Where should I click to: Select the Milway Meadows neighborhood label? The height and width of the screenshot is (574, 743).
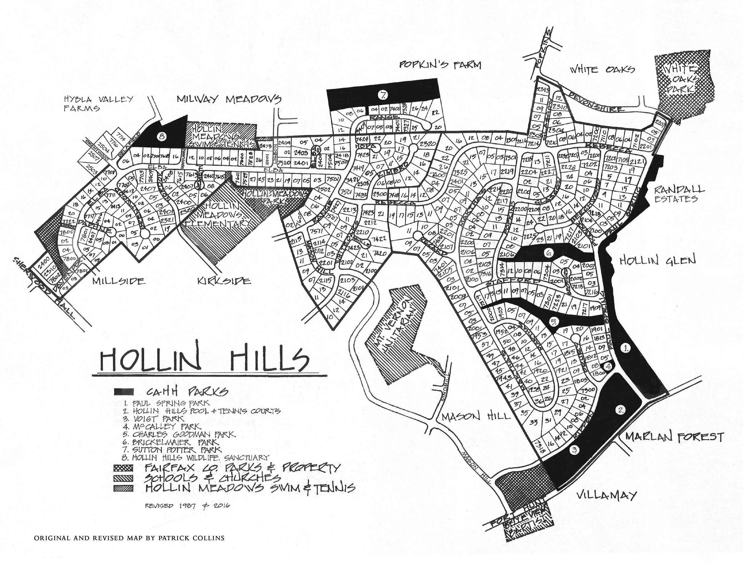pos(229,99)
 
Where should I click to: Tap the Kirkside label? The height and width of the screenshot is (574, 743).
pos(224,281)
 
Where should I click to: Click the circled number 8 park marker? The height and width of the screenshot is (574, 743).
pos(161,137)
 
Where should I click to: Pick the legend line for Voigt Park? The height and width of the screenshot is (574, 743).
pos(155,418)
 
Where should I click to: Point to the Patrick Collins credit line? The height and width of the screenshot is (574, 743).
pos(129,538)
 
